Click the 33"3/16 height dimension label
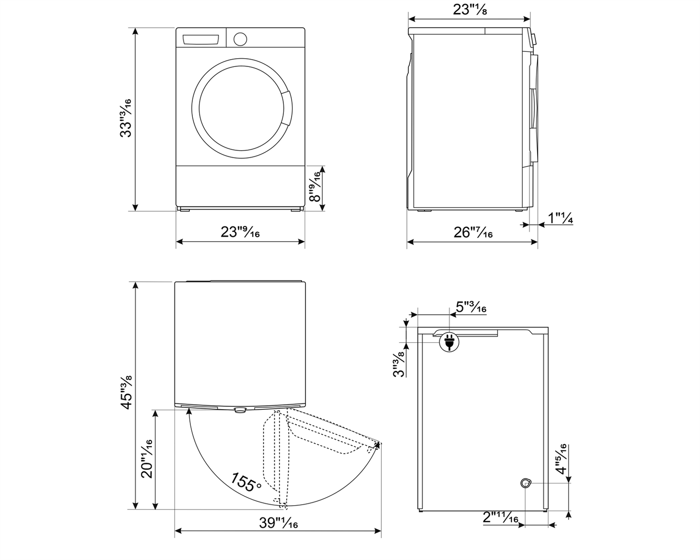(x=125, y=118)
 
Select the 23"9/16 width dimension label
(x=240, y=232)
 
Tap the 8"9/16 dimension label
(x=315, y=188)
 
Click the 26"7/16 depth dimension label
(x=473, y=233)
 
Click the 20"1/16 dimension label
(x=146, y=459)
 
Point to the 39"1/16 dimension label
(x=278, y=523)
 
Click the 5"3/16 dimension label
(x=471, y=307)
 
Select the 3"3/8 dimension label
(x=398, y=364)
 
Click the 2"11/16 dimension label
(x=500, y=518)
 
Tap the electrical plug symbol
(x=449, y=342)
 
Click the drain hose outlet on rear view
(x=526, y=482)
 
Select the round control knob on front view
(x=240, y=39)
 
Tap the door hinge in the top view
(x=240, y=410)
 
